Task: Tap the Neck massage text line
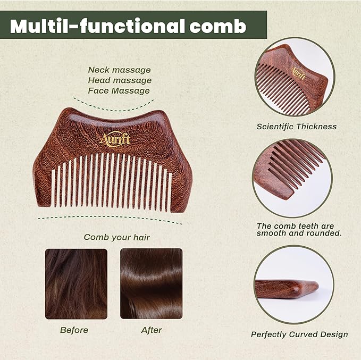[x=119, y=70]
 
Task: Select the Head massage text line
[x=119, y=80]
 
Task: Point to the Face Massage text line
[x=119, y=91]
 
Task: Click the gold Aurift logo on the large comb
[x=114, y=139]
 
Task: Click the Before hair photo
[x=76, y=283]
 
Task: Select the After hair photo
[x=151, y=283]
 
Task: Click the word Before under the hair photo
[x=74, y=330]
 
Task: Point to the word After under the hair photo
[x=151, y=330]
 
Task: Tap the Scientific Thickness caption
[x=296, y=127]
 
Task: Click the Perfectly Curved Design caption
[x=299, y=334]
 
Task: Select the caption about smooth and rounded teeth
[x=299, y=229]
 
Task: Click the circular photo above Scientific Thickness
[x=294, y=77]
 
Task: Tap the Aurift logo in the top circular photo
[x=298, y=72]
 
